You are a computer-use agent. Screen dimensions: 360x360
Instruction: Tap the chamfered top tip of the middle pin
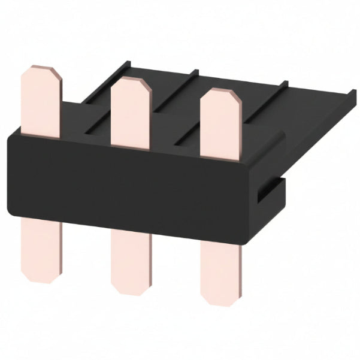[130, 82]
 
